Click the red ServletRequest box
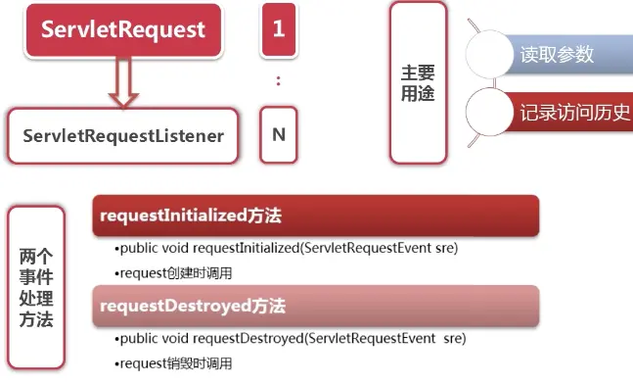point(123,30)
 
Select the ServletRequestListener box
point(123,136)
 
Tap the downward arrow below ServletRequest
point(123,81)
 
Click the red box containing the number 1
point(279,29)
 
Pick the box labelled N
point(279,134)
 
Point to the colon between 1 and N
point(278,81)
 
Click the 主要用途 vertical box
point(418,83)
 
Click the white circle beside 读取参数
point(489,54)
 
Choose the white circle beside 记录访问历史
point(489,112)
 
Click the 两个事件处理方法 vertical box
point(36,287)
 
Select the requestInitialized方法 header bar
point(316,216)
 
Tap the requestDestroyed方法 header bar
point(316,306)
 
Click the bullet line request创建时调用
point(173,273)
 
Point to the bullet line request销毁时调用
point(173,363)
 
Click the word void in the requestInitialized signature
point(175,248)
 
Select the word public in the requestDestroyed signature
point(139,339)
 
